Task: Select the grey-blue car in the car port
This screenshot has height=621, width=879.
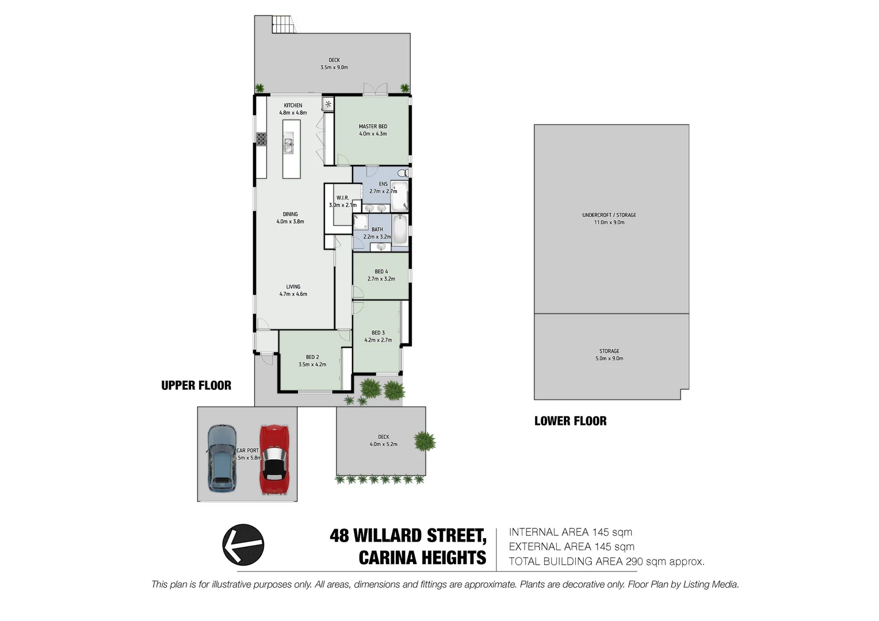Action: [221, 458]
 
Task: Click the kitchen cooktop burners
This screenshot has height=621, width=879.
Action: [261, 139]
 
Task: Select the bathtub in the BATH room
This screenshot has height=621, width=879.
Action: [400, 229]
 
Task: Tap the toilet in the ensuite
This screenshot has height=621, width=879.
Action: [403, 173]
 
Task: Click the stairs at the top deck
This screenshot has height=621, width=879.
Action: [282, 25]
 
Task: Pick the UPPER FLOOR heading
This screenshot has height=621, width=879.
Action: [196, 386]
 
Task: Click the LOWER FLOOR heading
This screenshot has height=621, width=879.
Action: [570, 421]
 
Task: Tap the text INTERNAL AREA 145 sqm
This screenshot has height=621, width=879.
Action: [570, 532]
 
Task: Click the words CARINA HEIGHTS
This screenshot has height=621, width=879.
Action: [422, 558]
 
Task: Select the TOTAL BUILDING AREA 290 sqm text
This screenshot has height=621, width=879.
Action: [606, 562]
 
